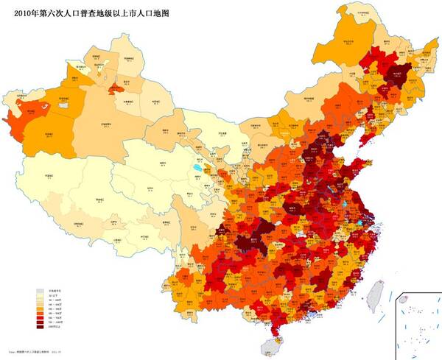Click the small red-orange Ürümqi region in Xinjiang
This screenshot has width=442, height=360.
coord(116,88)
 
